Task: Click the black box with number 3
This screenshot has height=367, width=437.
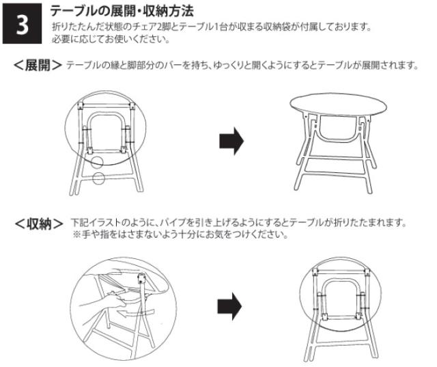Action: point(22,23)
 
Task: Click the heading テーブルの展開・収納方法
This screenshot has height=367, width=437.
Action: point(122,11)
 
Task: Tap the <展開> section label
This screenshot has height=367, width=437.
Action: point(38,66)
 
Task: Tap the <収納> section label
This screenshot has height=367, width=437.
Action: point(39,223)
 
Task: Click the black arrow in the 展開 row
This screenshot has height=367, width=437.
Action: point(231,141)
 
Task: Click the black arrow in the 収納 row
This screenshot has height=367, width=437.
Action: point(229,306)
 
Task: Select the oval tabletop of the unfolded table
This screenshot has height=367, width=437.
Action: point(339,105)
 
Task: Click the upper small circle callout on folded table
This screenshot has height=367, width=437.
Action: point(97,161)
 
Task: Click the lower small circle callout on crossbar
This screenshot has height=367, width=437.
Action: point(98,178)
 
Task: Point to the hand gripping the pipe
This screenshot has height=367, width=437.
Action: point(103,303)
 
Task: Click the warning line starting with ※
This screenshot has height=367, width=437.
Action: point(180,234)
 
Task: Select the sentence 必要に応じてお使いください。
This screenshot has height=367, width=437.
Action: point(111,39)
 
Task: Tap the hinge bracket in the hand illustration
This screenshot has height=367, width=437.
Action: point(142,278)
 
